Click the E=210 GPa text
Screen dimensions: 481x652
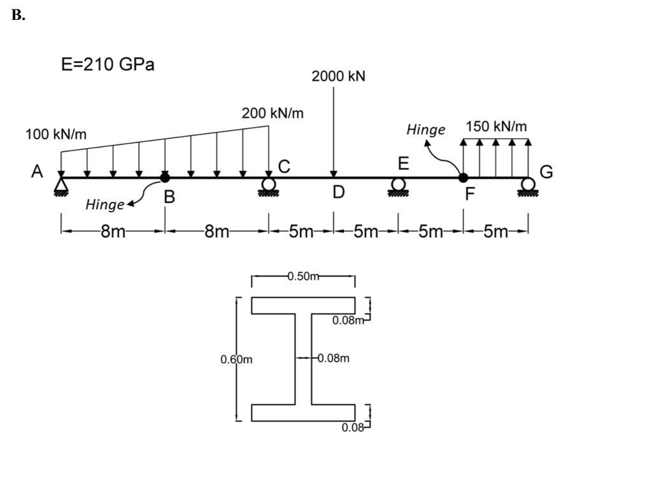pyautogui.click(x=108, y=66)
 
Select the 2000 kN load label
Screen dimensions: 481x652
pyautogui.click(x=338, y=76)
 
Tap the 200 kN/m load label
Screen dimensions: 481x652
pyautogui.click(x=273, y=113)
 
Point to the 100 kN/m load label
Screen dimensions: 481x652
pyautogui.click(x=56, y=134)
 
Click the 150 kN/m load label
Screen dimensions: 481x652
pyautogui.click(x=497, y=126)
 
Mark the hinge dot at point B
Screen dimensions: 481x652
pyautogui.click(x=165, y=178)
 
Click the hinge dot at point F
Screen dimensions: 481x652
pyautogui.click(x=464, y=178)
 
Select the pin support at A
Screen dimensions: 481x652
pyautogui.click(x=61, y=185)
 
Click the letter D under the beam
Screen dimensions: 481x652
pyautogui.click(x=339, y=192)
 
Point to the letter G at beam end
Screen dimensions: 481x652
pyautogui.click(x=546, y=172)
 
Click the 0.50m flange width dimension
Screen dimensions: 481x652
pyautogui.click(x=302, y=276)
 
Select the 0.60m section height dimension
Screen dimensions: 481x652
pyautogui.click(x=236, y=359)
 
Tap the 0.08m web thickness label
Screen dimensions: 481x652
pyautogui.click(x=333, y=358)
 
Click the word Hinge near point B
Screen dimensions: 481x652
pyautogui.click(x=104, y=205)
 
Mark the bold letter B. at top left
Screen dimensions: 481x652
pyautogui.click(x=18, y=17)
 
